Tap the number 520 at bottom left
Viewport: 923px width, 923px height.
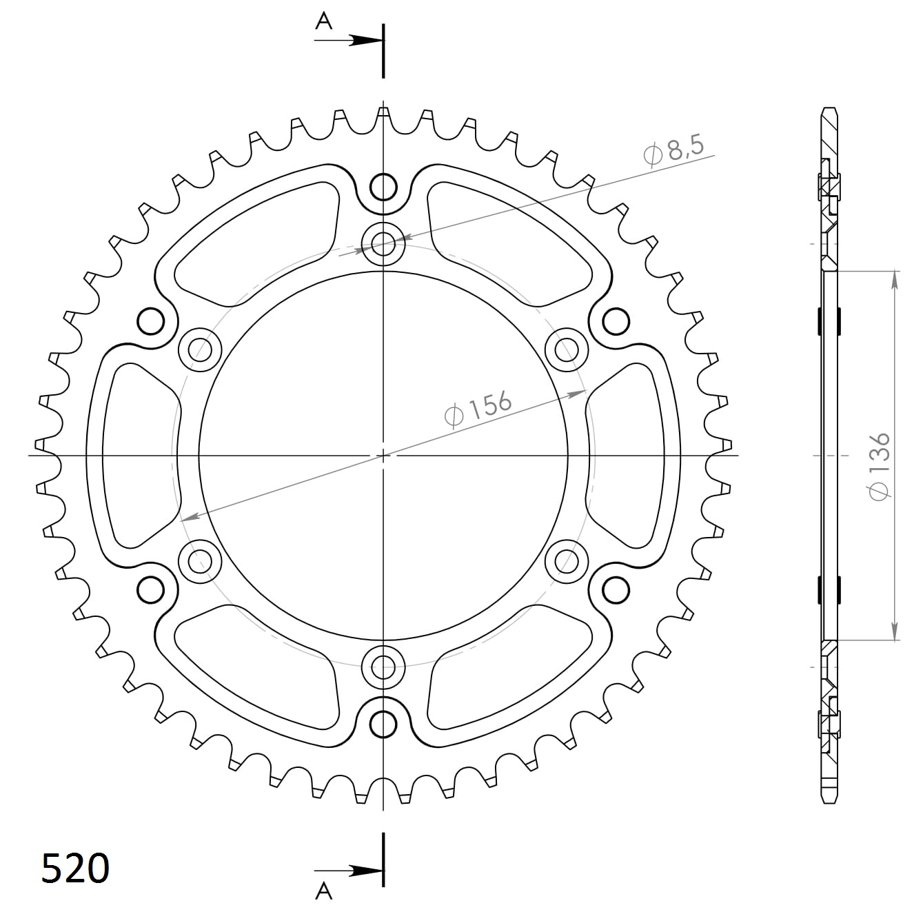coord(75,868)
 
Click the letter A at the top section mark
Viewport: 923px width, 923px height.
coord(323,22)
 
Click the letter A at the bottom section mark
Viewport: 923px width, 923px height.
coord(323,891)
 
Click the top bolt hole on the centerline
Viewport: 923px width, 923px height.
coord(383,243)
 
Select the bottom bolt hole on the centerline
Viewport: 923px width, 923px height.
coord(383,667)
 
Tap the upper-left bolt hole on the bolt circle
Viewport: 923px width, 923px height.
coord(200,349)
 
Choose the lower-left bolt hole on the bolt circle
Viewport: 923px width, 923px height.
coord(200,560)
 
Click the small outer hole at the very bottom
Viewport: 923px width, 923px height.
coord(383,724)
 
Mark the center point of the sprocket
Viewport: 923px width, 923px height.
coord(383,455)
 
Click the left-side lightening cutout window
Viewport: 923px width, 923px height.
coord(138,455)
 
